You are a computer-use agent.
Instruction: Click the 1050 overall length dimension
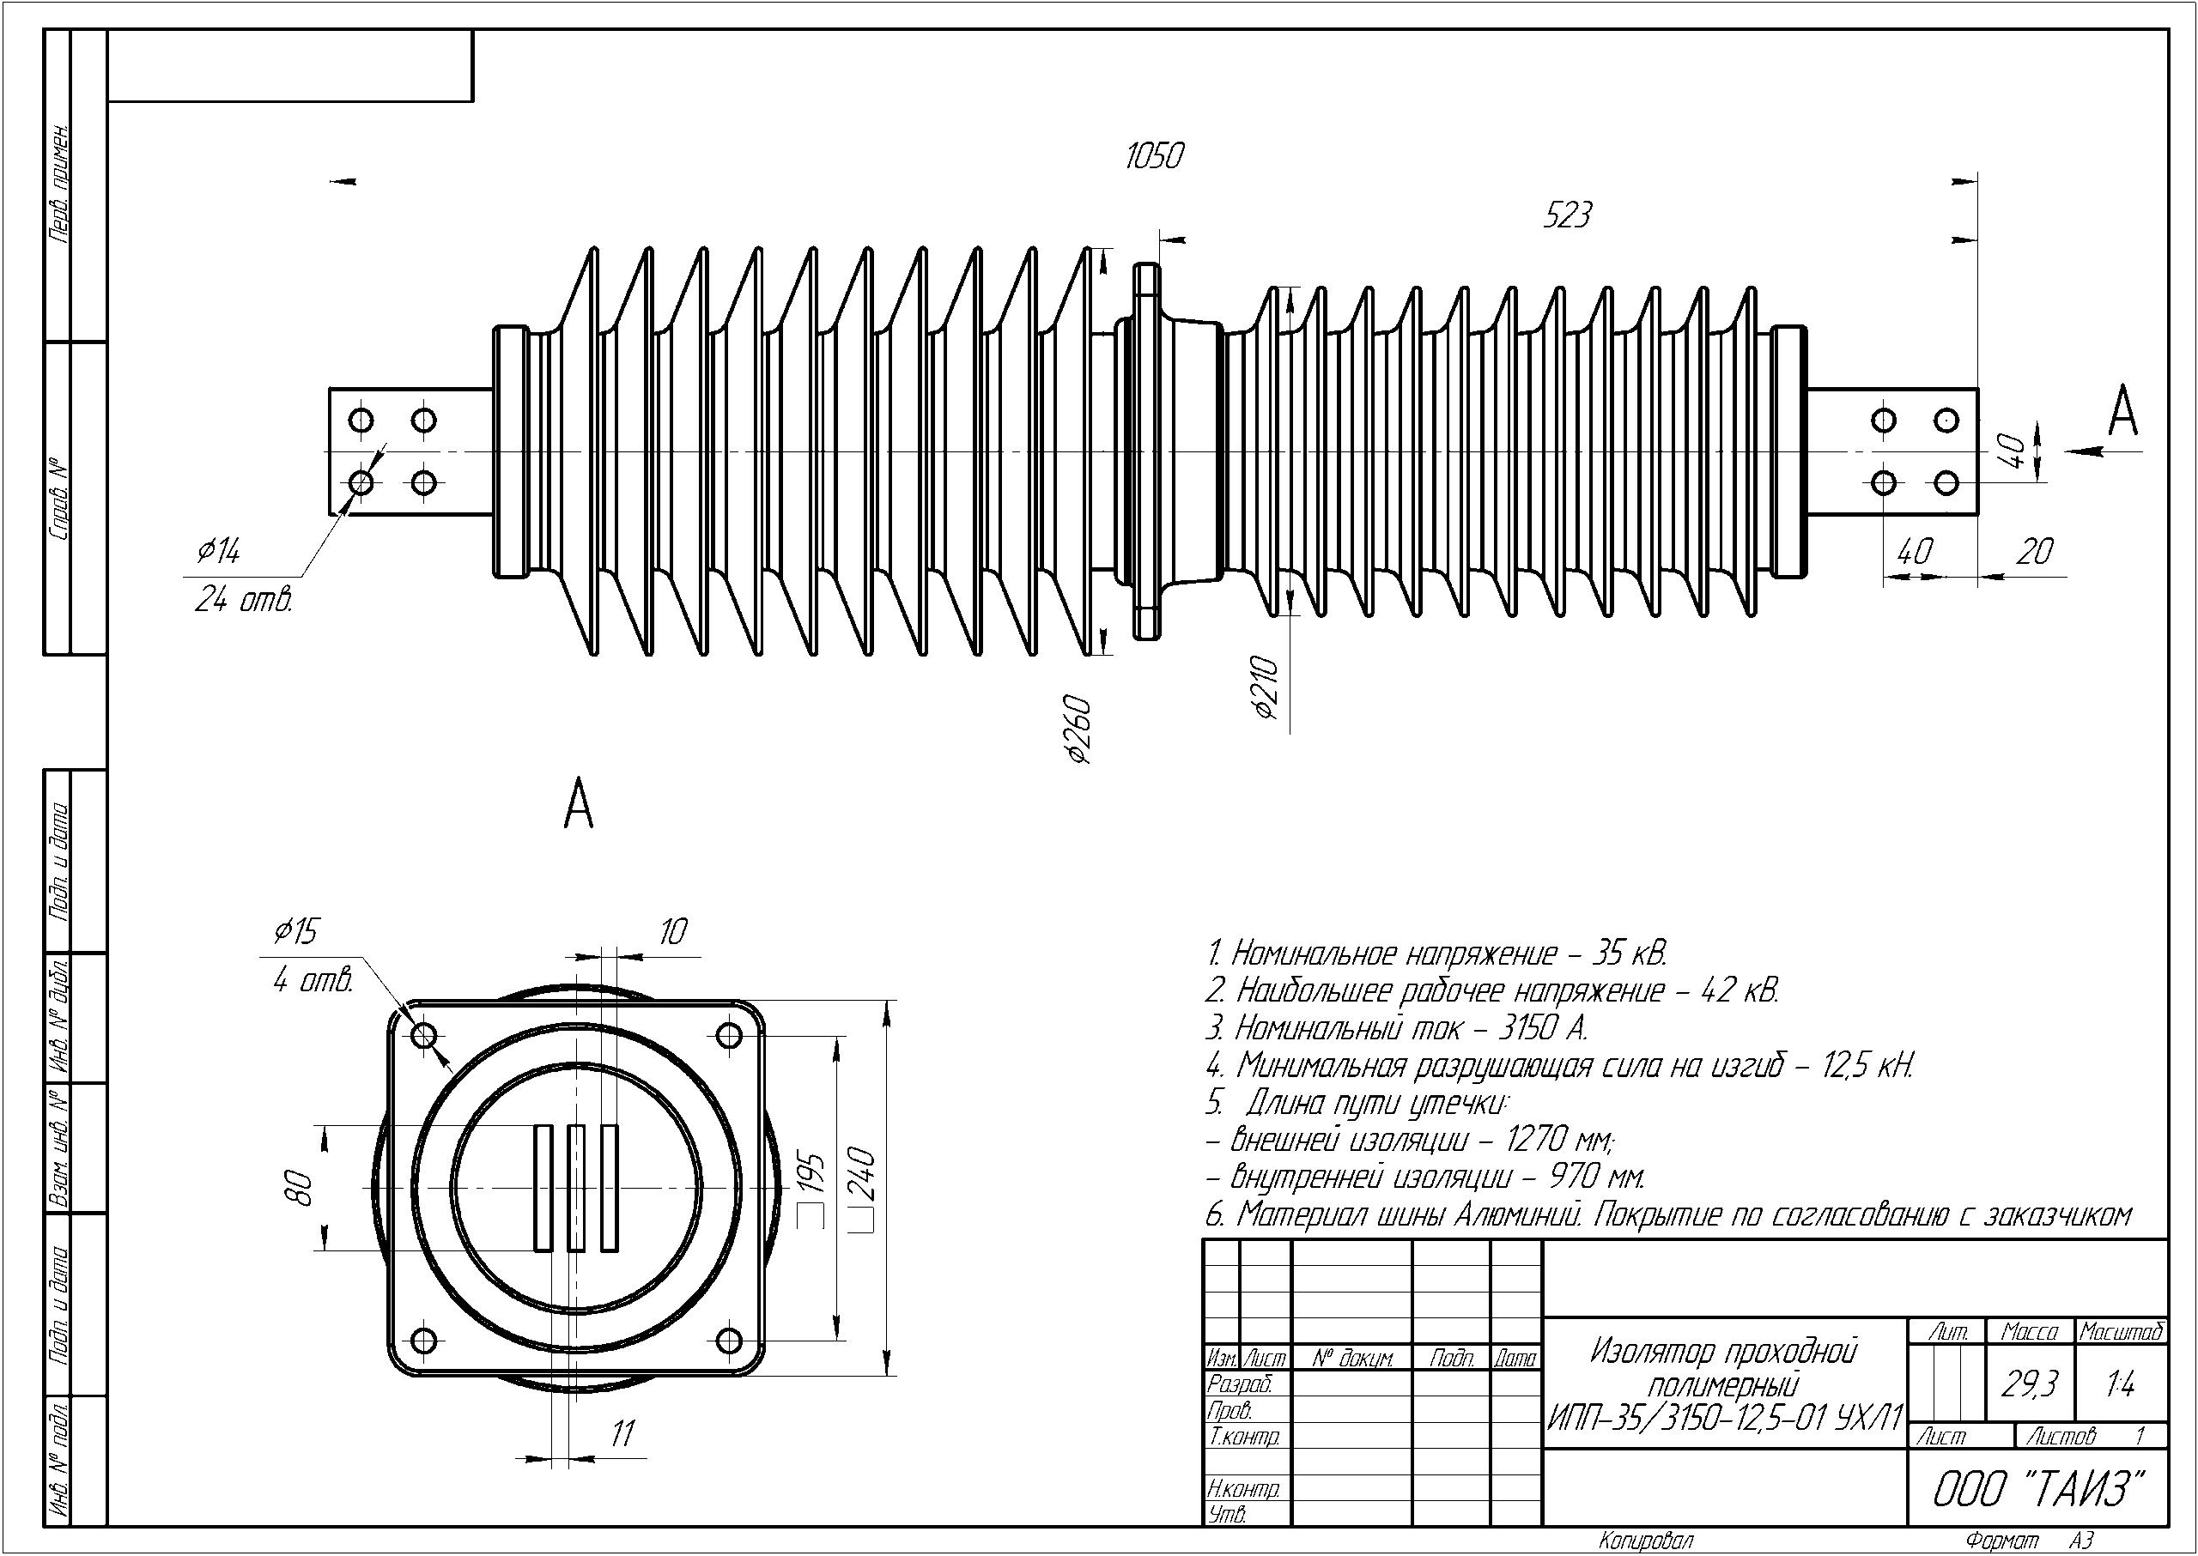coord(1154,156)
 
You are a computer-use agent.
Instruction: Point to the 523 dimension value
coord(1566,215)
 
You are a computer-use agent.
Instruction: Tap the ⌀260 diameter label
coord(1079,730)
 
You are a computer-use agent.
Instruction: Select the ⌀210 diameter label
coord(1266,687)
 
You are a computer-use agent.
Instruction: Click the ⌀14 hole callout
coord(219,551)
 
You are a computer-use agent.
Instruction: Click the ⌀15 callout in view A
coord(296,931)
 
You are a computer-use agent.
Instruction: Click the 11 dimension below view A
coord(623,1433)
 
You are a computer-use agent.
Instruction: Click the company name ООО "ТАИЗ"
coord(2037,1489)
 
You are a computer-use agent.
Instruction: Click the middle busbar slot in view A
coord(576,1188)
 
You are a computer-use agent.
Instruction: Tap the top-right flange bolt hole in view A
coord(730,1036)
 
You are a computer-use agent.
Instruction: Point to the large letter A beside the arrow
coord(2123,413)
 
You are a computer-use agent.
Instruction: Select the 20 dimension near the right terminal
coord(2034,552)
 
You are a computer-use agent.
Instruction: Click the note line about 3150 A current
coord(1397,1029)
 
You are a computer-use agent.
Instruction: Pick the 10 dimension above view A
coord(674,931)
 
